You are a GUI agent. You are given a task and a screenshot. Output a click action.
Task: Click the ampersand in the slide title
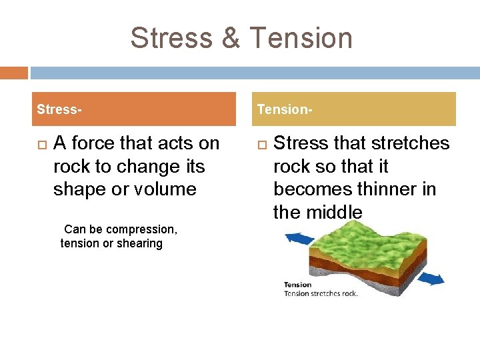tap(230, 38)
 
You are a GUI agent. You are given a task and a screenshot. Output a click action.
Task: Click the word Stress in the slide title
tap(171, 38)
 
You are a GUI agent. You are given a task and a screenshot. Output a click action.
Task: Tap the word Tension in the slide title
tap(299, 38)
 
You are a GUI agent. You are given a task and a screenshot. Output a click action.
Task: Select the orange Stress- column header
tap(133, 109)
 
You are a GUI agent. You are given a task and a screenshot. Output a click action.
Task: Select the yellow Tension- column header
tap(356, 109)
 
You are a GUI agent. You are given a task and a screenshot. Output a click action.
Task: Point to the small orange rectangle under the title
tap(14, 73)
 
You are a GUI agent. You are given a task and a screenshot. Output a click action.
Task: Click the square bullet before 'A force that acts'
tap(41, 144)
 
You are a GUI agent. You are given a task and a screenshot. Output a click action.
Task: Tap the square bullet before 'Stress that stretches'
tap(261, 144)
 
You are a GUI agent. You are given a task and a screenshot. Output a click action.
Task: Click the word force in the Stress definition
tap(93, 143)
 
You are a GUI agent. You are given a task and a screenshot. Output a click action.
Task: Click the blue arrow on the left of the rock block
tap(300, 239)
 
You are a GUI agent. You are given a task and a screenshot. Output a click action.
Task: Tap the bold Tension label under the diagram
tap(298, 285)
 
